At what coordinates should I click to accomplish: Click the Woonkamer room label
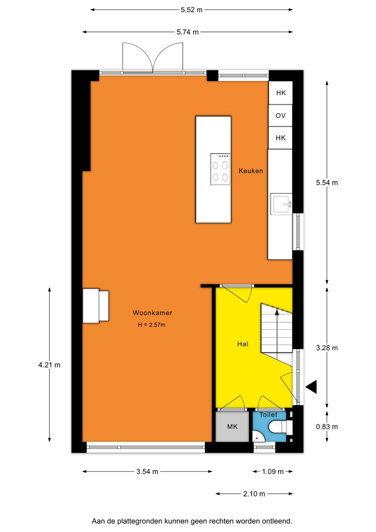(x=152, y=313)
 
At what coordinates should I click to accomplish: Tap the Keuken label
(x=251, y=171)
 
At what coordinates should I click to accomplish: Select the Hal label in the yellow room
(x=243, y=344)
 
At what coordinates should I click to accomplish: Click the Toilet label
(x=268, y=415)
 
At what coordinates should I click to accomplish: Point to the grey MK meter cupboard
(x=232, y=427)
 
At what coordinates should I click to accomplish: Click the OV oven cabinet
(x=280, y=115)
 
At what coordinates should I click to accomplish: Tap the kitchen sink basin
(x=281, y=204)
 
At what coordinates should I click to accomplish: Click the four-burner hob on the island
(x=220, y=169)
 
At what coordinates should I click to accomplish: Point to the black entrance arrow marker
(x=312, y=387)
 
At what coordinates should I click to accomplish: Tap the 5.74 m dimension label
(x=187, y=32)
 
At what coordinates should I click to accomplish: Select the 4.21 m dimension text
(x=49, y=365)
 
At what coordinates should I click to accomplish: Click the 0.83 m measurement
(x=327, y=427)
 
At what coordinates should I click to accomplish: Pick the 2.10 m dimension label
(x=254, y=494)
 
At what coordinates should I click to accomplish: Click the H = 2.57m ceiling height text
(x=152, y=325)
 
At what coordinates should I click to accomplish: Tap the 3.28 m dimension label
(x=327, y=348)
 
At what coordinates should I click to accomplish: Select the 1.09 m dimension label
(x=273, y=472)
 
